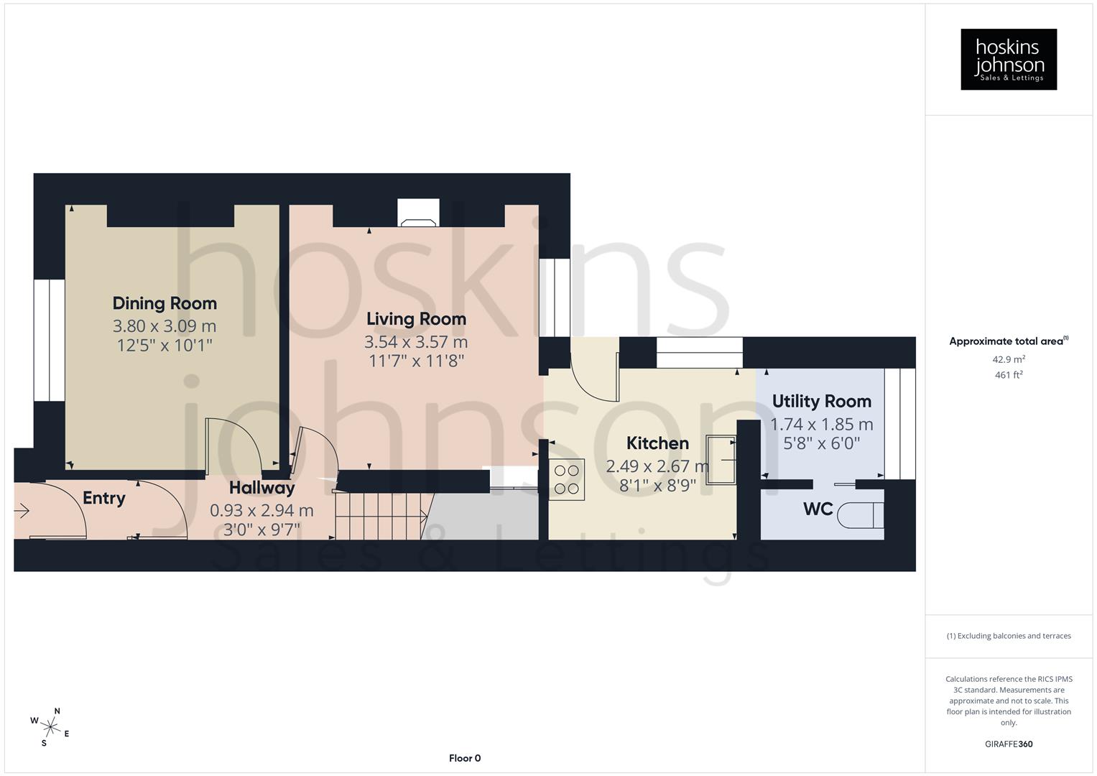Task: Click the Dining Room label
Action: [165, 303]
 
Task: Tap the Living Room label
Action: [416, 319]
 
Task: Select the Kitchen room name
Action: [657, 443]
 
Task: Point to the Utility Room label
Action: [821, 401]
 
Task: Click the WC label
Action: [818, 509]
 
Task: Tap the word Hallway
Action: [261, 488]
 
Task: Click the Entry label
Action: [104, 498]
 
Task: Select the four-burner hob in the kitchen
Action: [567, 479]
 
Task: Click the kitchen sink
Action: [721, 460]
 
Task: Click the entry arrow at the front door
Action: [22, 511]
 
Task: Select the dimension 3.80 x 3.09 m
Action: [165, 326]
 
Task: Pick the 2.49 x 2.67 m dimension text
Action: [657, 466]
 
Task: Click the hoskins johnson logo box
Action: [1009, 60]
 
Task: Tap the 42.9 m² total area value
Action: [1009, 359]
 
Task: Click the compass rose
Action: [50, 726]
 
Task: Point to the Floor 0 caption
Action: [465, 758]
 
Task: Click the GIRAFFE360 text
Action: [1009, 744]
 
